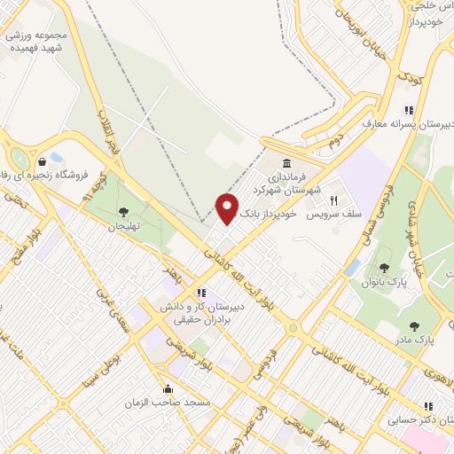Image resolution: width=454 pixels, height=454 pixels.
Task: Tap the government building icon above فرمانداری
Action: point(286,164)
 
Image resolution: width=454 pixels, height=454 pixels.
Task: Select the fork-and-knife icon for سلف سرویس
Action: point(334,200)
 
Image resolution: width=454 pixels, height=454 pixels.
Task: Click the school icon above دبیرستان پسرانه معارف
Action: point(409,110)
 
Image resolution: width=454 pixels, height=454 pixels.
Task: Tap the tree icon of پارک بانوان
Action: point(384,268)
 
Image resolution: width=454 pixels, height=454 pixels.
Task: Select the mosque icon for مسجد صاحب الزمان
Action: point(168,388)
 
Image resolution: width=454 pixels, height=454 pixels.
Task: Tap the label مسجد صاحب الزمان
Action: point(180,403)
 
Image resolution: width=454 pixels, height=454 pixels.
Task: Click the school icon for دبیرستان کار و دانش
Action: point(202,292)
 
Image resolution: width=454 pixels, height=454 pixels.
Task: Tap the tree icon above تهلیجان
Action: point(121,210)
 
